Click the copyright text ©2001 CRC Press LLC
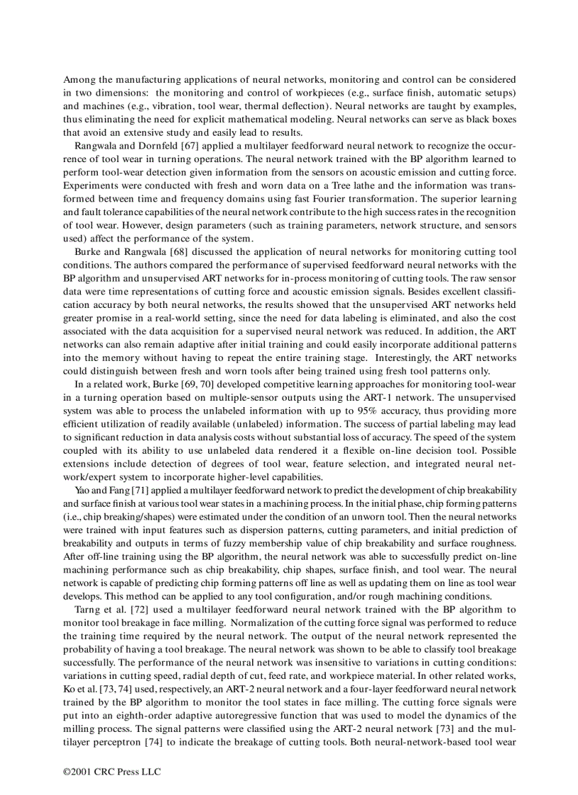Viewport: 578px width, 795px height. (x=112, y=772)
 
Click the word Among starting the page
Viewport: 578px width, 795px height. (x=79, y=79)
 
